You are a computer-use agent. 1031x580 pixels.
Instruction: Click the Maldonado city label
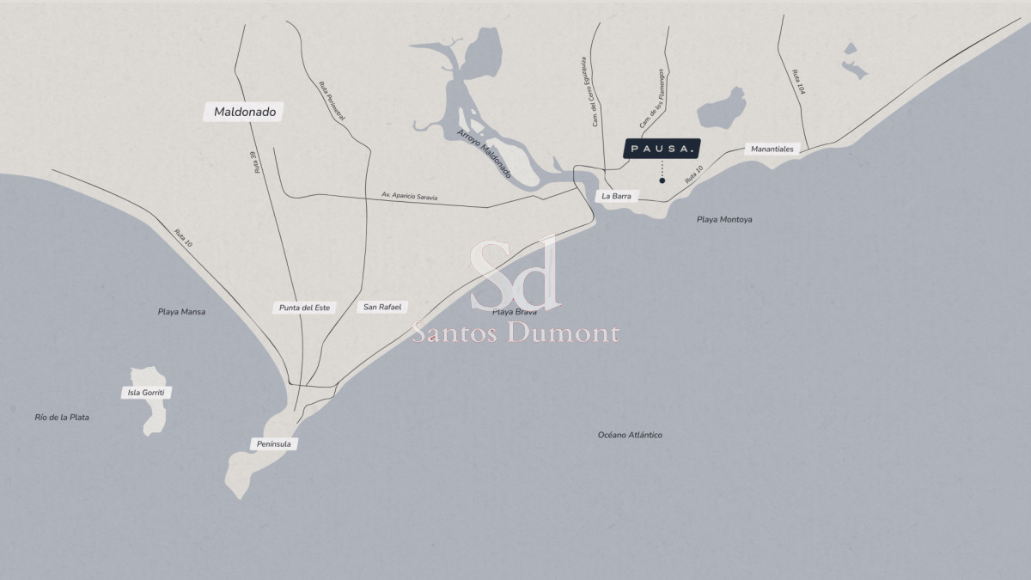point(245,112)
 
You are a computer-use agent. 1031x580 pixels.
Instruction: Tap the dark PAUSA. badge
point(662,149)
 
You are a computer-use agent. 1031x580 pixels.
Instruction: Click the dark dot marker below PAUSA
point(662,180)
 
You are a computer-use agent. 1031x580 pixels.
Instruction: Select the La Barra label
point(617,197)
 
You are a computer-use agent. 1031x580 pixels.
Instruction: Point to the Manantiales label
point(772,149)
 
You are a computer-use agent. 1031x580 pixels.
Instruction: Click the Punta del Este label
point(305,308)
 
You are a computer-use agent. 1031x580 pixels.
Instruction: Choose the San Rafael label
point(382,307)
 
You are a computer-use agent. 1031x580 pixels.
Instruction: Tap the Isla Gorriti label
point(146,393)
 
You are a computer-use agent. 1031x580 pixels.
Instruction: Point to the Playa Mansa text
point(181,312)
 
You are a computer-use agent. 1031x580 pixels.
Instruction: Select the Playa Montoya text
point(724,220)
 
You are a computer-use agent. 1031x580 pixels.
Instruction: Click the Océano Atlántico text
point(630,435)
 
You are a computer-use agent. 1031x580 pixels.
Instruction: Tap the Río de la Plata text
point(62,418)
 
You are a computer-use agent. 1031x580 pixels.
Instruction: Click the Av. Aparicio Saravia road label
point(410,197)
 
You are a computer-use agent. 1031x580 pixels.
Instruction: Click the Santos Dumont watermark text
point(515,333)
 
